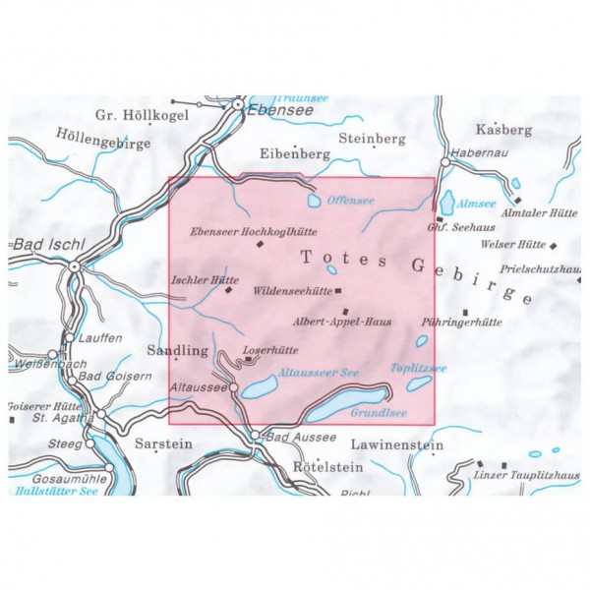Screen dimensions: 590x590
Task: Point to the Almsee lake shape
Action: click(447, 203)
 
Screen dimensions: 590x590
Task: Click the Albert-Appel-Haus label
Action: click(334, 321)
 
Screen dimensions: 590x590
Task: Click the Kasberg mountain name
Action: click(502, 130)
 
